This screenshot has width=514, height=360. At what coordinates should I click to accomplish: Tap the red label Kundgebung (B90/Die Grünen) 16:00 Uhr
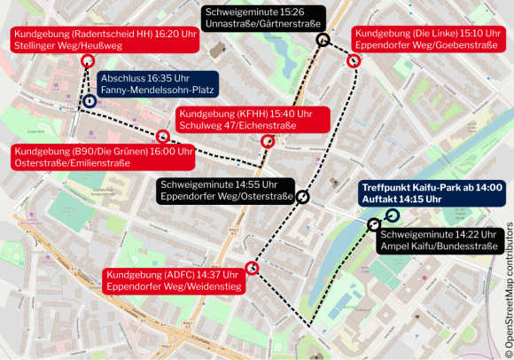pyautogui.click(x=103, y=157)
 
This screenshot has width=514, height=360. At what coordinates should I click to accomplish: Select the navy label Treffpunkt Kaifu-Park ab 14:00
pyautogui.click(x=432, y=193)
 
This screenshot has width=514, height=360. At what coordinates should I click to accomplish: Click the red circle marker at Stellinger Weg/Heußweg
pyautogui.click(x=87, y=60)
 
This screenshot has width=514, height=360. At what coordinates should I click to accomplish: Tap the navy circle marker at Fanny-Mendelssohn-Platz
pyautogui.click(x=90, y=102)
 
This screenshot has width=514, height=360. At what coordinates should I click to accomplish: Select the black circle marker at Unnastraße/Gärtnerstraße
pyautogui.click(x=323, y=40)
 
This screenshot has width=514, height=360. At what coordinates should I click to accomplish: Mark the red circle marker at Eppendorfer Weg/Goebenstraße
pyautogui.click(x=354, y=61)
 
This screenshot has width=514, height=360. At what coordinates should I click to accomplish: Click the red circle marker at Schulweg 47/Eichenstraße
pyautogui.click(x=267, y=141)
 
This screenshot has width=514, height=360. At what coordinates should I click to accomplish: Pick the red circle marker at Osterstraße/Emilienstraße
pyautogui.click(x=162, y=137)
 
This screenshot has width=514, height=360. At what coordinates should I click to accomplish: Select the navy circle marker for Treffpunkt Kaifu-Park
pyautogui.click(x=392, y=215)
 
